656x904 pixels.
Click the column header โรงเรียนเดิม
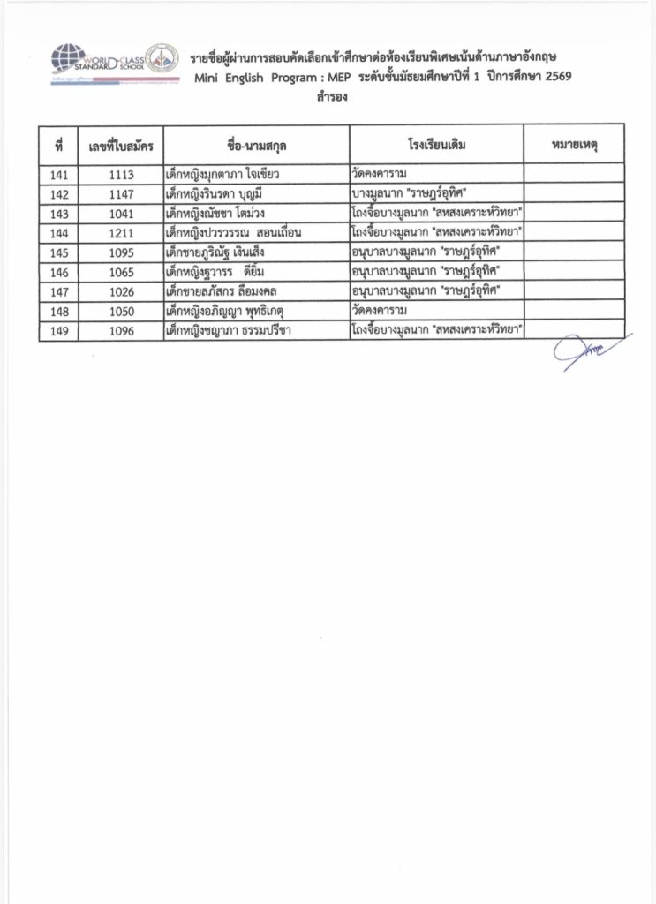pyautogui.click(x=436, y=143)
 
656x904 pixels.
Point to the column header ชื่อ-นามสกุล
pyautogui.click(x=256, y=143)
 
